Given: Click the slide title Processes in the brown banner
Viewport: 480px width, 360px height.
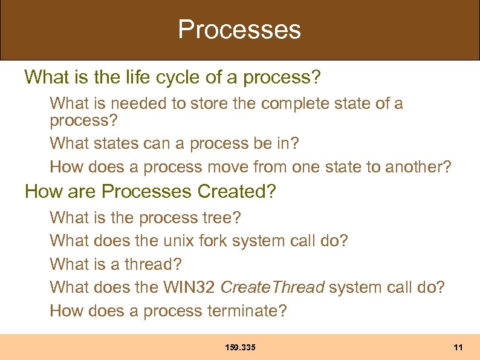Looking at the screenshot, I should coord(239,30).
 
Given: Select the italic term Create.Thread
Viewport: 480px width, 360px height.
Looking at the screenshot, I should coord(273,287).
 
